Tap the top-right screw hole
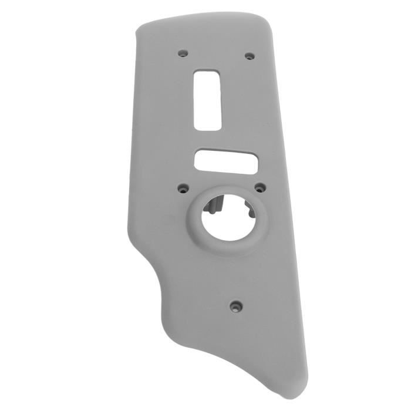[x=250, y=56]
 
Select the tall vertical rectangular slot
[x=207, y=100]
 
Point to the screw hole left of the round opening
[x=183, y=189]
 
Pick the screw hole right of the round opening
[x=258, y=188]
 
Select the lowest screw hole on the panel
[x=235, y=305]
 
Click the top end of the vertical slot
[x=207, y=73]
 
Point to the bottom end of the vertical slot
[x=208, y=127]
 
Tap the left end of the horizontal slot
[x=198, y=160]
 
